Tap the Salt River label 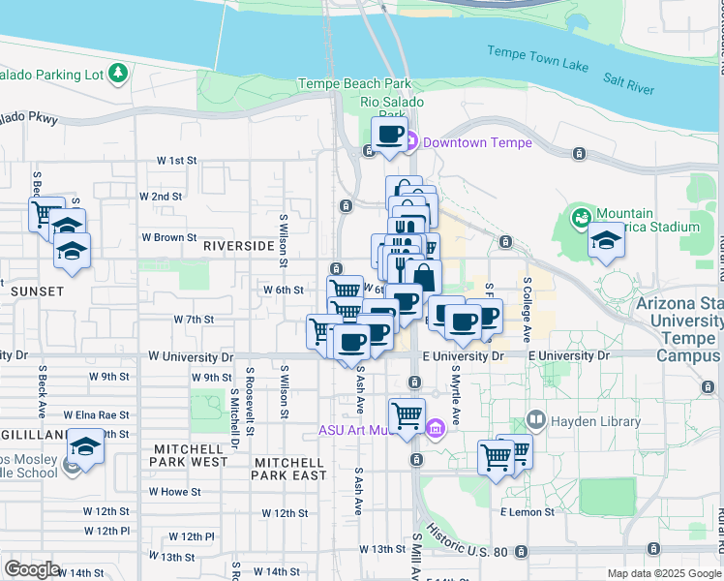628,87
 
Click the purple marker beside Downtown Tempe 410,143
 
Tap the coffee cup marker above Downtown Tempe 390,134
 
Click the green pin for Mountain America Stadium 582,215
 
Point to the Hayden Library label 595,421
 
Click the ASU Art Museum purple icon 435,428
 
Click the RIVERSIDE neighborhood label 239,247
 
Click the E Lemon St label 527,511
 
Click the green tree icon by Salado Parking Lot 117,73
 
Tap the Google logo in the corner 32,569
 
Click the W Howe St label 174,492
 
